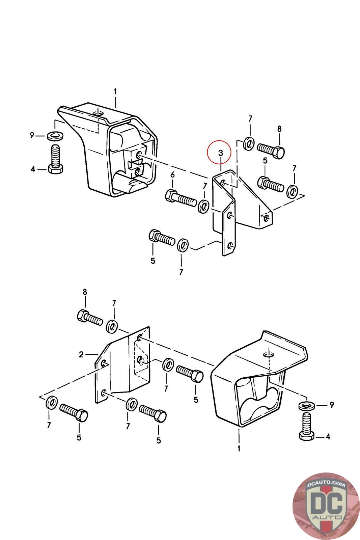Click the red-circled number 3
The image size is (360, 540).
point(221,153)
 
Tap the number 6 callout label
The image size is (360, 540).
point(172,175)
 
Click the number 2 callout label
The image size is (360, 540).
point(81,354)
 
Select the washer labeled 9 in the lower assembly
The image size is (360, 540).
point(306,405)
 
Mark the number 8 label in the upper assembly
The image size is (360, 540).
point(279,129)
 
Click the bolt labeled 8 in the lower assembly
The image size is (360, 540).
point(90,317)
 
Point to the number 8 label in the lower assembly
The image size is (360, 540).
point(85,292)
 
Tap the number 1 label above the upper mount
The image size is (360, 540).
point(115,91)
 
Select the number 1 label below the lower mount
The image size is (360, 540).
point(239,449)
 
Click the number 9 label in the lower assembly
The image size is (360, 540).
point(331,405)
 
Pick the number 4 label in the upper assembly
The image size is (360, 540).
point(33,169)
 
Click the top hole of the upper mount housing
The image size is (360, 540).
point(98,112)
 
